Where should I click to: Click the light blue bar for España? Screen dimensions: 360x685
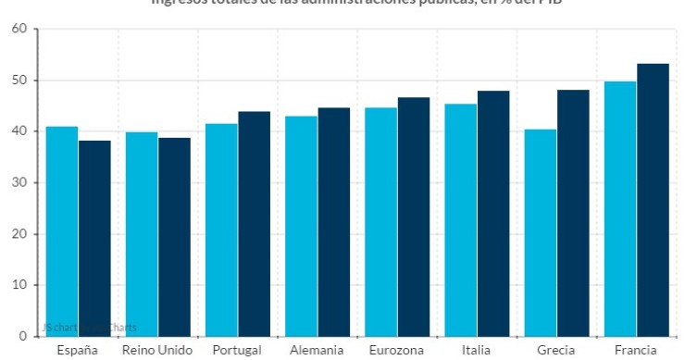[62, 231]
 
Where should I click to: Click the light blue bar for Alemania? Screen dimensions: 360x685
[302, 226]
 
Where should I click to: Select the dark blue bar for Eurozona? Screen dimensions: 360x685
[414, 217]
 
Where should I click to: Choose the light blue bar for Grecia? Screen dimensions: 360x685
[541, 232]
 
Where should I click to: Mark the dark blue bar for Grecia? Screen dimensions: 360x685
[573, 213]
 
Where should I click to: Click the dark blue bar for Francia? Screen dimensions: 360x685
[653, 200]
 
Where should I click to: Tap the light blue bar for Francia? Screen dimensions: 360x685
[620, 208]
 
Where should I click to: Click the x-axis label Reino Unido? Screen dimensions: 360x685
[157, 350]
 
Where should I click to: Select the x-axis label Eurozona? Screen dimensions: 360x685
[397, 350]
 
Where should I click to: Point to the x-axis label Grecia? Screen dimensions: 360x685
[556, 350]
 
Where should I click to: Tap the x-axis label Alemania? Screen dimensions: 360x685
[318, 350]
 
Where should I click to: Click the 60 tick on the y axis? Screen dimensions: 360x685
[19, 30]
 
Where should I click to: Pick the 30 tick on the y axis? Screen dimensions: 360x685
[19, 183]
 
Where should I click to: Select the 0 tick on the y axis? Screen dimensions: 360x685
[22, 336]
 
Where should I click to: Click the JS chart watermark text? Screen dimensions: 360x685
[89, 327]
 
